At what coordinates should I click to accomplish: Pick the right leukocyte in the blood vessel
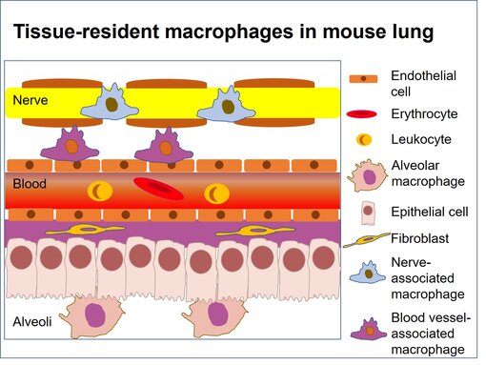[217, 193]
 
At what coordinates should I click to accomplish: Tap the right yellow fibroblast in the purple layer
[253, 231]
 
